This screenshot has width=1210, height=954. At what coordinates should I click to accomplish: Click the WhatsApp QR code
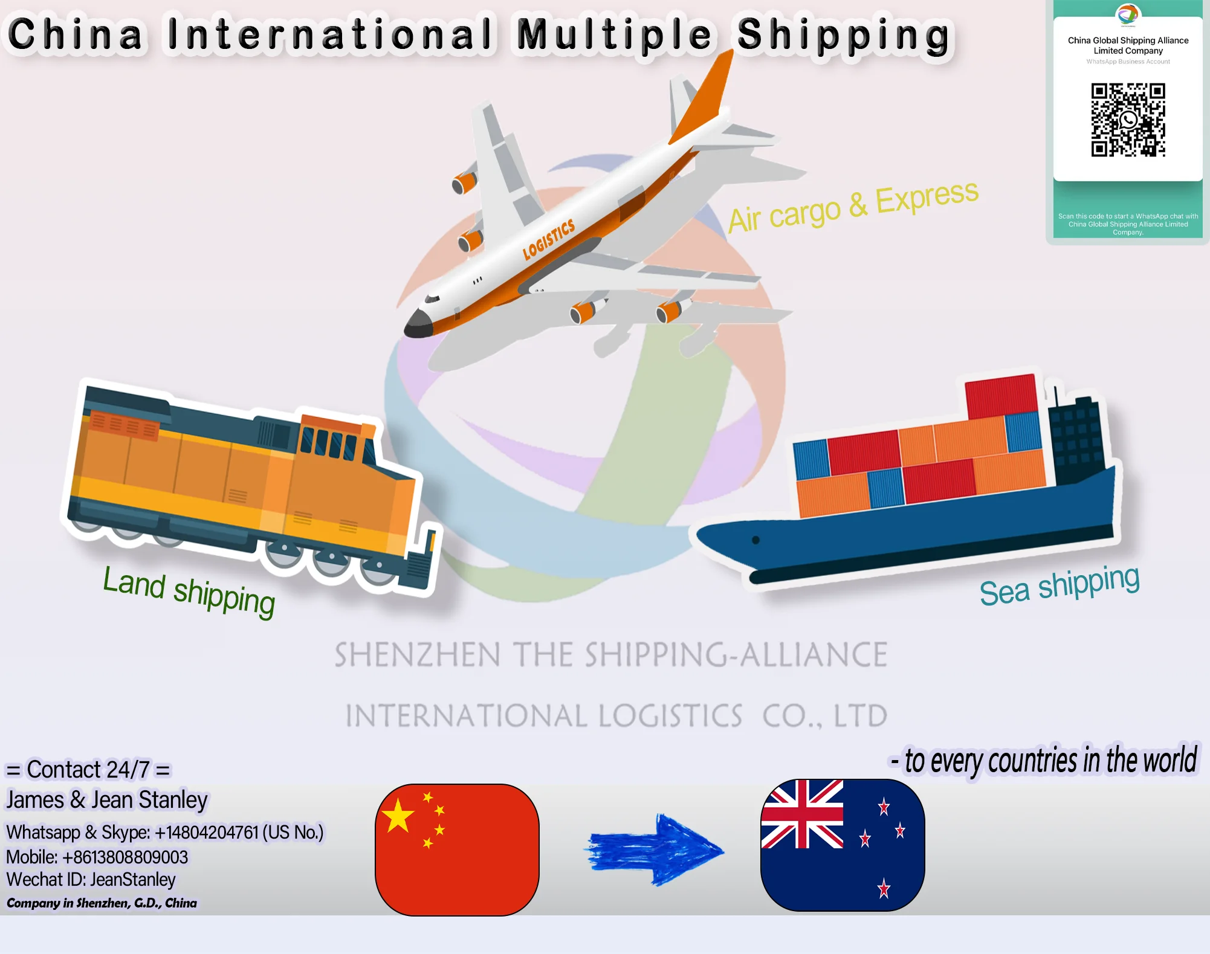[x=1128, y=120]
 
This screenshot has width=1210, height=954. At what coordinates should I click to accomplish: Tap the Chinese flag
[x=457, y=849]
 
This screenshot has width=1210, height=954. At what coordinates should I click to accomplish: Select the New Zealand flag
[x=843, y=845]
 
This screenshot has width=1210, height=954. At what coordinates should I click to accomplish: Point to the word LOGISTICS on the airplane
[x=548, y=239]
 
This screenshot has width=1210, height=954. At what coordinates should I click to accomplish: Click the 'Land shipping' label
[x=189, y=590]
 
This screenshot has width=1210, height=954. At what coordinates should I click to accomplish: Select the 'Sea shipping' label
[x=1059, y=585]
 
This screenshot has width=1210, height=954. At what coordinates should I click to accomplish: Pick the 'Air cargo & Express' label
[x=853, y=206]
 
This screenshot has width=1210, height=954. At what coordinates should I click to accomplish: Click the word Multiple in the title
[x=614, y=34]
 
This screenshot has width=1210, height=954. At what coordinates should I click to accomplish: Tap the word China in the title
[x=76, y=34]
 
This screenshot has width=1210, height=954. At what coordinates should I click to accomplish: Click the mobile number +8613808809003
[x=125, y=857]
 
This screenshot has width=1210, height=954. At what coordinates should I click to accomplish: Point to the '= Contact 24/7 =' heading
[x=88, y=770]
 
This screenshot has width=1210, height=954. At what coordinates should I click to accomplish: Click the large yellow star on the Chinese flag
[x=398, y=816]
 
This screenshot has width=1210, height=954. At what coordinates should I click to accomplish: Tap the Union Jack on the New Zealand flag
[x=802, y=814]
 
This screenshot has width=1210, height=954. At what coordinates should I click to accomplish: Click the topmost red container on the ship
[x=1001, y=395]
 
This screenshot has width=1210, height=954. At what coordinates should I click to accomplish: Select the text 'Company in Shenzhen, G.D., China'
[x=102, y=903]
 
